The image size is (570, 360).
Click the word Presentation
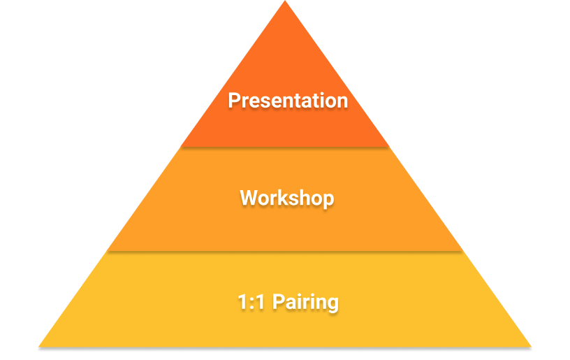point(288,101)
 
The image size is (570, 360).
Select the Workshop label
point(287,199)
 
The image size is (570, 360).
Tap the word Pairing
point(305,303)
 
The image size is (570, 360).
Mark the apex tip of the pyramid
point(285,3)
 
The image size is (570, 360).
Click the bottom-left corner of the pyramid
point(39,345)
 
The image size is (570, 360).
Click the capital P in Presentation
point(235,101)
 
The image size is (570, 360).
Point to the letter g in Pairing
point(332,305)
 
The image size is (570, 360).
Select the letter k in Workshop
point(287,199)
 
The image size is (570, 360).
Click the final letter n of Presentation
point(342,102)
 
